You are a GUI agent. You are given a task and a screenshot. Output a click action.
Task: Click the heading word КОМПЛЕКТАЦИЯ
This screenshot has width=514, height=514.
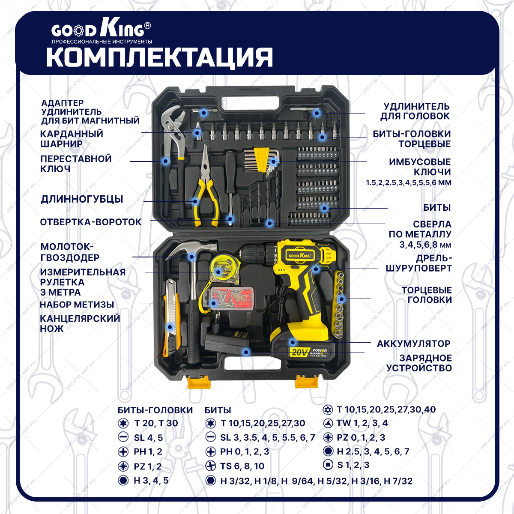pos(160,58)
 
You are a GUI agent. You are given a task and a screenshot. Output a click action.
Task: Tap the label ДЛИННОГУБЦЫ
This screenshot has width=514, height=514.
pos(82,199)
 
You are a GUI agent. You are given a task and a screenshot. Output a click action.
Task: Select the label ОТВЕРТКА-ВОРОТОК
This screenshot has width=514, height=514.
pos(91,222)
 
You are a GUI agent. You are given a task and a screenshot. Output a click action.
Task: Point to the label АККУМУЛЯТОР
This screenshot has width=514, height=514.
pos(413,344)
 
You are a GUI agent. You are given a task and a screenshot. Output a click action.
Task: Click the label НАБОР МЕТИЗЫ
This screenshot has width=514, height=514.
pos(77,305)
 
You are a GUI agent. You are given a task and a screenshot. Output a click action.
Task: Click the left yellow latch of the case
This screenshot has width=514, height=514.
pos(199,382)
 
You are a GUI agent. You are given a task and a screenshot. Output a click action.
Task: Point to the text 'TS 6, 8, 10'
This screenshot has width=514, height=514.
pos(242,466)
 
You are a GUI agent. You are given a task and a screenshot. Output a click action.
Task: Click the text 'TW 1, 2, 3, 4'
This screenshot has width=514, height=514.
pos(362,423)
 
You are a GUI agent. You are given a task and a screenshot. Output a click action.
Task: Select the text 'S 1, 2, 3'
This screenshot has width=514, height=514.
pos(353,465)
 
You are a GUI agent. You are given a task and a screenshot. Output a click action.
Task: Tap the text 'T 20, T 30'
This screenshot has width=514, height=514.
pos(156,423)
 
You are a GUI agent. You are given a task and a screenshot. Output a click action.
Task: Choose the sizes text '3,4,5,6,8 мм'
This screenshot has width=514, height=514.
pos(425,245)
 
